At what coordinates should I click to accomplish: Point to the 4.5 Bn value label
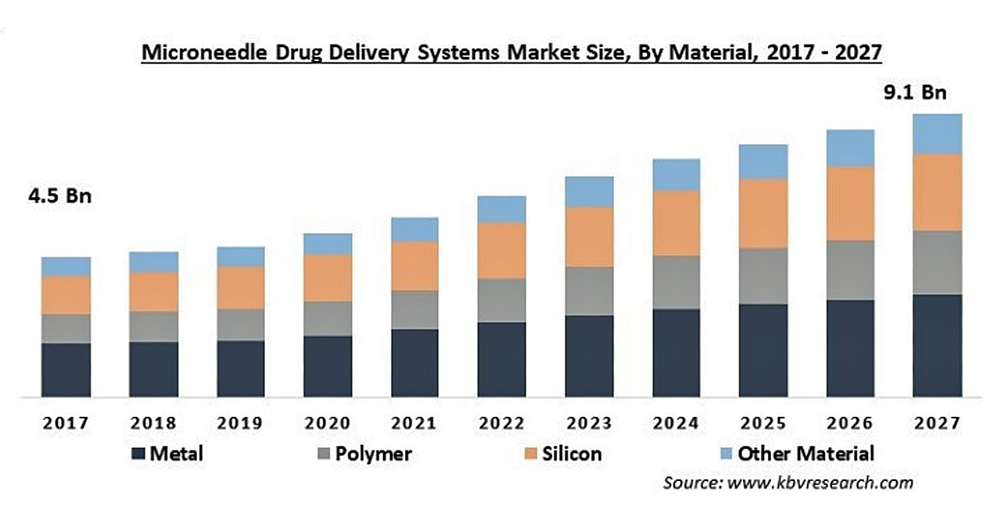click(x=60, y=196)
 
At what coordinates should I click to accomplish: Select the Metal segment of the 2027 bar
click(x=937, y=345)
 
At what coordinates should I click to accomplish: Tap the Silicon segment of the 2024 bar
click(x=676, y=223)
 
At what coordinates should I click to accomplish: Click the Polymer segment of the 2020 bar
click(x=328, y=318)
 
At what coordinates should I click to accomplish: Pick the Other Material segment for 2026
click(x=850, y=148)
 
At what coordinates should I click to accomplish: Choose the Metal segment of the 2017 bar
click(x=66, y=369)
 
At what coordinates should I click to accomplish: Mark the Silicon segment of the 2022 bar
click(x=502, y=250)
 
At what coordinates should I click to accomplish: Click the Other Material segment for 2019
click(x=241, y=257)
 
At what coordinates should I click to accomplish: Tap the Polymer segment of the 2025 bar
click(x=763, y=276)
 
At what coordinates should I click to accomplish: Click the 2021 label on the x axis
click(x=414, y=423)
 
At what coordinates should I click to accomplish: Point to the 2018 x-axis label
click(x=153, y=423)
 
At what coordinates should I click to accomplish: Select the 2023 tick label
click(x=589, y=423)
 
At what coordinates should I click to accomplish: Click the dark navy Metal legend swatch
click(x=138, y=454)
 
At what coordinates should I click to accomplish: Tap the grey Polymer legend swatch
click(x=322, y=454)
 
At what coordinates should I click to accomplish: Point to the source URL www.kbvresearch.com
click(x=820, y=483)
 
